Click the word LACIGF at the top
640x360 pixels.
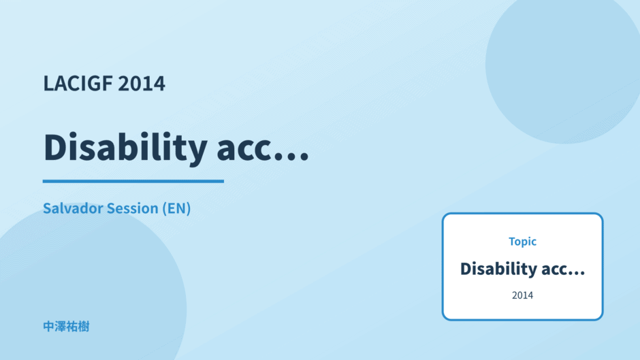coord(78,83)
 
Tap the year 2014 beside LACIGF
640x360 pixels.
coord(142,84)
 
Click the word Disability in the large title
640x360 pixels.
coord(125,148)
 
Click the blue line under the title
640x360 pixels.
coord(133,181)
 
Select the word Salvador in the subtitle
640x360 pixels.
coord(72,208)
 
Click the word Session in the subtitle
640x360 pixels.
coord(132,208)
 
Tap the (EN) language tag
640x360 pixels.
coord(176,208)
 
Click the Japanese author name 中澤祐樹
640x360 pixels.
coord(66,327)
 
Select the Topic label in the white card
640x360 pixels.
coord(522,242)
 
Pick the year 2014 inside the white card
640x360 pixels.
coord(522,295)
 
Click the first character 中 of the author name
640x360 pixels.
coord(49,327)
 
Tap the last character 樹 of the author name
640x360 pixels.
coord(84,327)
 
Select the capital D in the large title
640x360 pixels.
coord(57,146)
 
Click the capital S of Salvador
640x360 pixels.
coord(48,208)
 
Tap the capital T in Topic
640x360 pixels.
coord(512,242)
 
